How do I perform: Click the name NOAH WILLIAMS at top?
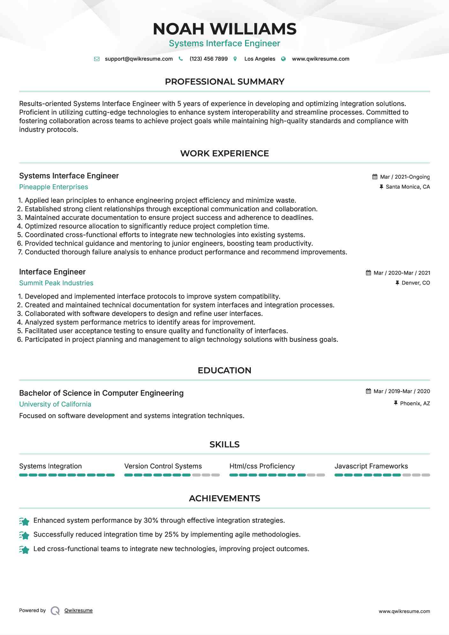click(224, 29)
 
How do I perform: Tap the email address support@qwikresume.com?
click(138, 59)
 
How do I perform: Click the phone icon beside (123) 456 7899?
click(181, 59)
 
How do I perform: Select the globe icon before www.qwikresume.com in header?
click(283, 59)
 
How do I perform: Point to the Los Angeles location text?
click(259, 59)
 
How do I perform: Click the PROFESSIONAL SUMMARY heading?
click(224, 82)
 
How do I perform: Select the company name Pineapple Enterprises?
click(54, 187)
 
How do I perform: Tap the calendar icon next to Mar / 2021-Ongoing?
click(375, 177)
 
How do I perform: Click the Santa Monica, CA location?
click(408, 187)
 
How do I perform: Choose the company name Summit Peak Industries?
click(56, 283)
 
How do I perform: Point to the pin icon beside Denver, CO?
click(397, 283)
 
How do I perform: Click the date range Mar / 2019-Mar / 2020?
click(401, 392)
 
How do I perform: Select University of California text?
click(55, 404)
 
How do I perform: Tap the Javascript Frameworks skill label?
click(371, 466)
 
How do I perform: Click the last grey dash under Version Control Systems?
click(216, 475)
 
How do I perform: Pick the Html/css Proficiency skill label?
click(262, 466)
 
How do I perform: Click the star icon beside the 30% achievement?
click(24, 521)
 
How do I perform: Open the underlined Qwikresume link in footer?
click(79, 610)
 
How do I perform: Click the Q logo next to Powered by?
click(55, 611)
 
